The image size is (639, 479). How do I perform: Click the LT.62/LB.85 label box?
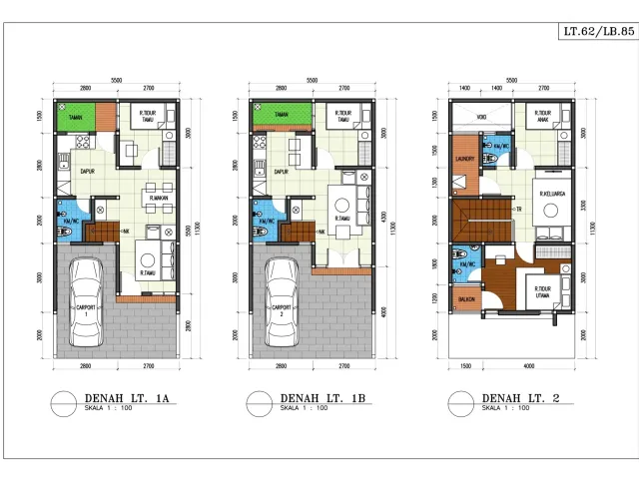[x=599, y=32]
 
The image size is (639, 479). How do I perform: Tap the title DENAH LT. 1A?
[x=129, y=400]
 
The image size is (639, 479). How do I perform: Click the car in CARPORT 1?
[x=87, y=298]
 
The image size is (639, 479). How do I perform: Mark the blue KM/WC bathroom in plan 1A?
[x=66, y=219]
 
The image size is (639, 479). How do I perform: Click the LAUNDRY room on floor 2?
[x=462, y=159]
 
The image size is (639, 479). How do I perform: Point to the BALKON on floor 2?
[x=465, y=297]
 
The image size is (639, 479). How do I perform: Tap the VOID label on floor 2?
[x=481, y=116]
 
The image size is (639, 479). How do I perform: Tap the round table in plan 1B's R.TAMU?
[x=344, y=232]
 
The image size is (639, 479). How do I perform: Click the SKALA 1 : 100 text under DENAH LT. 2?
[x=503, y=408]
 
